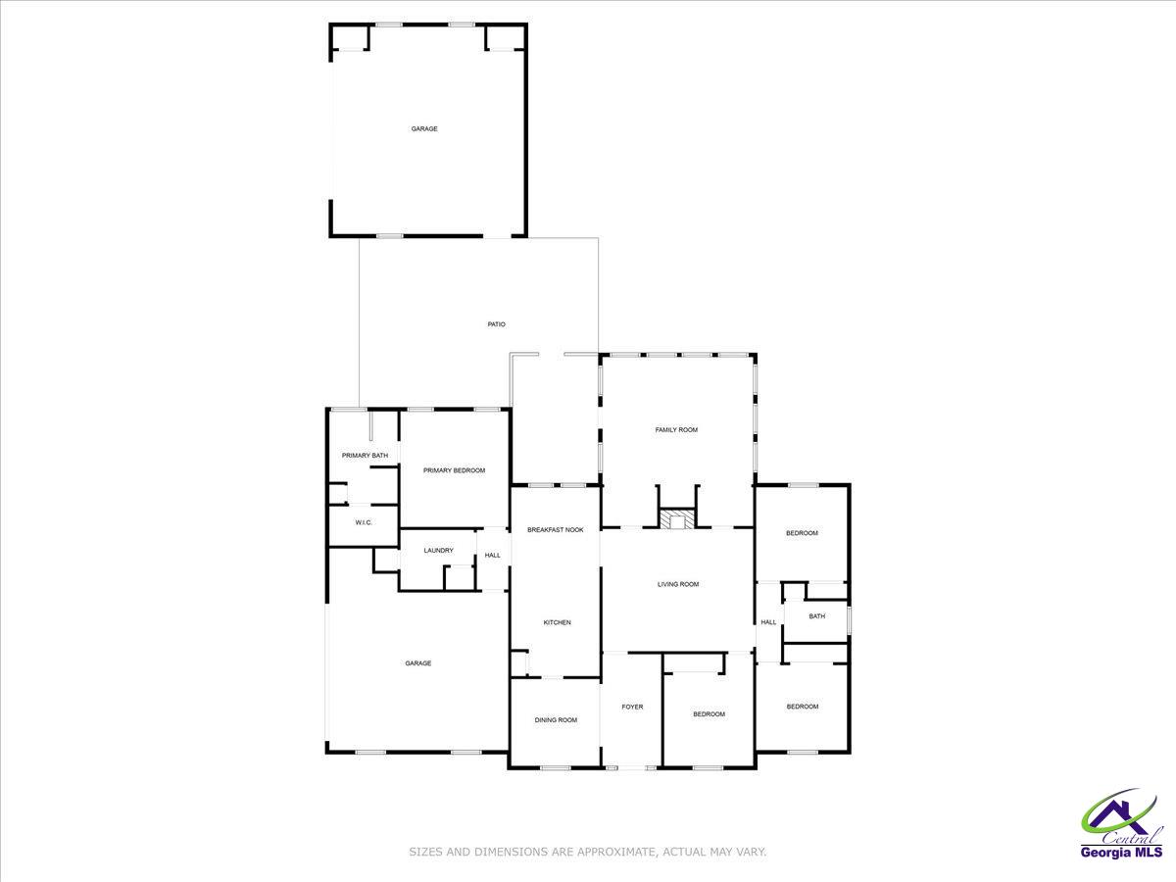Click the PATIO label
point(497,324)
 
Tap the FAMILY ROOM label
point(676,430)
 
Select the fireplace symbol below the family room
point(676,519)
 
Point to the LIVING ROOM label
point(678,585)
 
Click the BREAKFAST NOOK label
point(556,530)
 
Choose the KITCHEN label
point(557,623)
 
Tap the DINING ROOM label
point(556,720)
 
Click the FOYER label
point(632,707)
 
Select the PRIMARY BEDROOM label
point(454,471)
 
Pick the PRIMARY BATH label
point(365,456)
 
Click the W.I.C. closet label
point(363,523)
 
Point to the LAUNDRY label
point(438,551)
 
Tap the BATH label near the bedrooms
point(816,616)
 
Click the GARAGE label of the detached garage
point(424,129)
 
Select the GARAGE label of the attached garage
point(418,663)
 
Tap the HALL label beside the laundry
point(492,556)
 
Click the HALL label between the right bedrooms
point(768,622)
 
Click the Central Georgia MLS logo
point(1121,826)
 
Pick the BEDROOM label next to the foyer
point(709,714)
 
